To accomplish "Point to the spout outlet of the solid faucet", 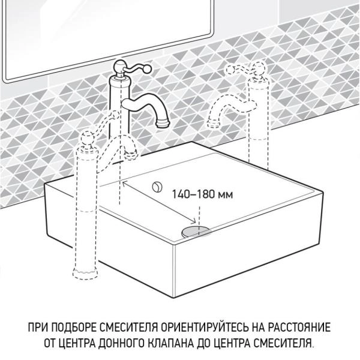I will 163,124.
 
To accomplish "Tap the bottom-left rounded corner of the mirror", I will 7,79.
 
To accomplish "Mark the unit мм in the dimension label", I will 223,194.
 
